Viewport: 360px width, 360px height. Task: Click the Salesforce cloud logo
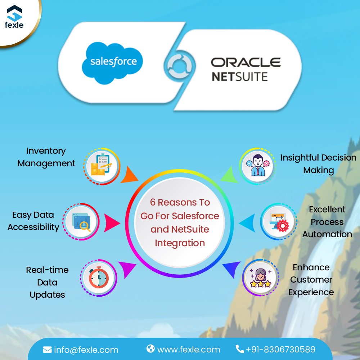click(x=112, y=62)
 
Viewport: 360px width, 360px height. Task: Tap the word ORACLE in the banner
click(x=246, y=62)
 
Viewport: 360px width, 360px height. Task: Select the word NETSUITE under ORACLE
click(x=239, y=77)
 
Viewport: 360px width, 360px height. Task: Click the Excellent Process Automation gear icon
click(x=278, y=222)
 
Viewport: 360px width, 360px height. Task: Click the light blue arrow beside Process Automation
click(x=247, y=222)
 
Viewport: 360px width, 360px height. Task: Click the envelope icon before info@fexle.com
click(x=47, y=350)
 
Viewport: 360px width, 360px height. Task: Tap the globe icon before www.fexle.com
click(x=150, y=349)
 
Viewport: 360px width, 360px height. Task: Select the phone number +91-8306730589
click(x=280, y=349)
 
